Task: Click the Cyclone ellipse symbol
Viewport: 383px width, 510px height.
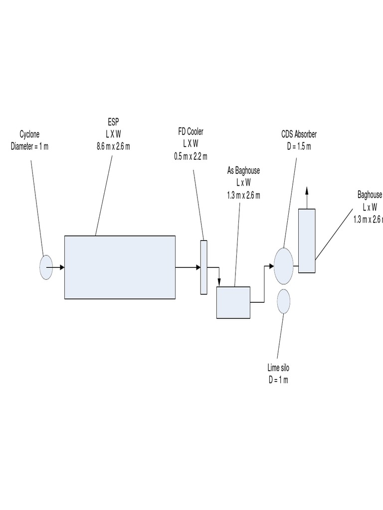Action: (x=46, y=267)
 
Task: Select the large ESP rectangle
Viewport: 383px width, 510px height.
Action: (x=120, y=267)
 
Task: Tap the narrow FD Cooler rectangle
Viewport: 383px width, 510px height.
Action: (x=203, y=267)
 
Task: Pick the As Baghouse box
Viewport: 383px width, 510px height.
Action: (x=233, y=302)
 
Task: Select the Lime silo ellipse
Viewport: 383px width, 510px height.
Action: (x=283, y=301)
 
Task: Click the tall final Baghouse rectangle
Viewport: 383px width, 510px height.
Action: (x=307, y=241)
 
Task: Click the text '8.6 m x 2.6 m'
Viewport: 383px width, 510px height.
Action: (x=113, y=146)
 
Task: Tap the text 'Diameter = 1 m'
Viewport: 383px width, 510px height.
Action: (x=30, y=146)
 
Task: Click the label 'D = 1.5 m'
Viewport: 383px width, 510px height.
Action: (x=299, y=146)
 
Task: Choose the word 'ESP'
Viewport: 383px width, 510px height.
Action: (x=113, y=122)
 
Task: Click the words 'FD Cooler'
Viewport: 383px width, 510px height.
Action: (x=191, y=131)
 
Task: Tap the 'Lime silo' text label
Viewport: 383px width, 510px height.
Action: (x=278, y=369)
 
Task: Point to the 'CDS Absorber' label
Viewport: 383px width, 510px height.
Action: (x=299, y=134)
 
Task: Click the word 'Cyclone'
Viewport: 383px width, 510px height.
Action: (x=29, y=134)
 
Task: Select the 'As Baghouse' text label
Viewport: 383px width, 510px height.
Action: (x=243, y=171)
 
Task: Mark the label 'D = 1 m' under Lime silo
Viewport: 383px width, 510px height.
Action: (x=278, y=380)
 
